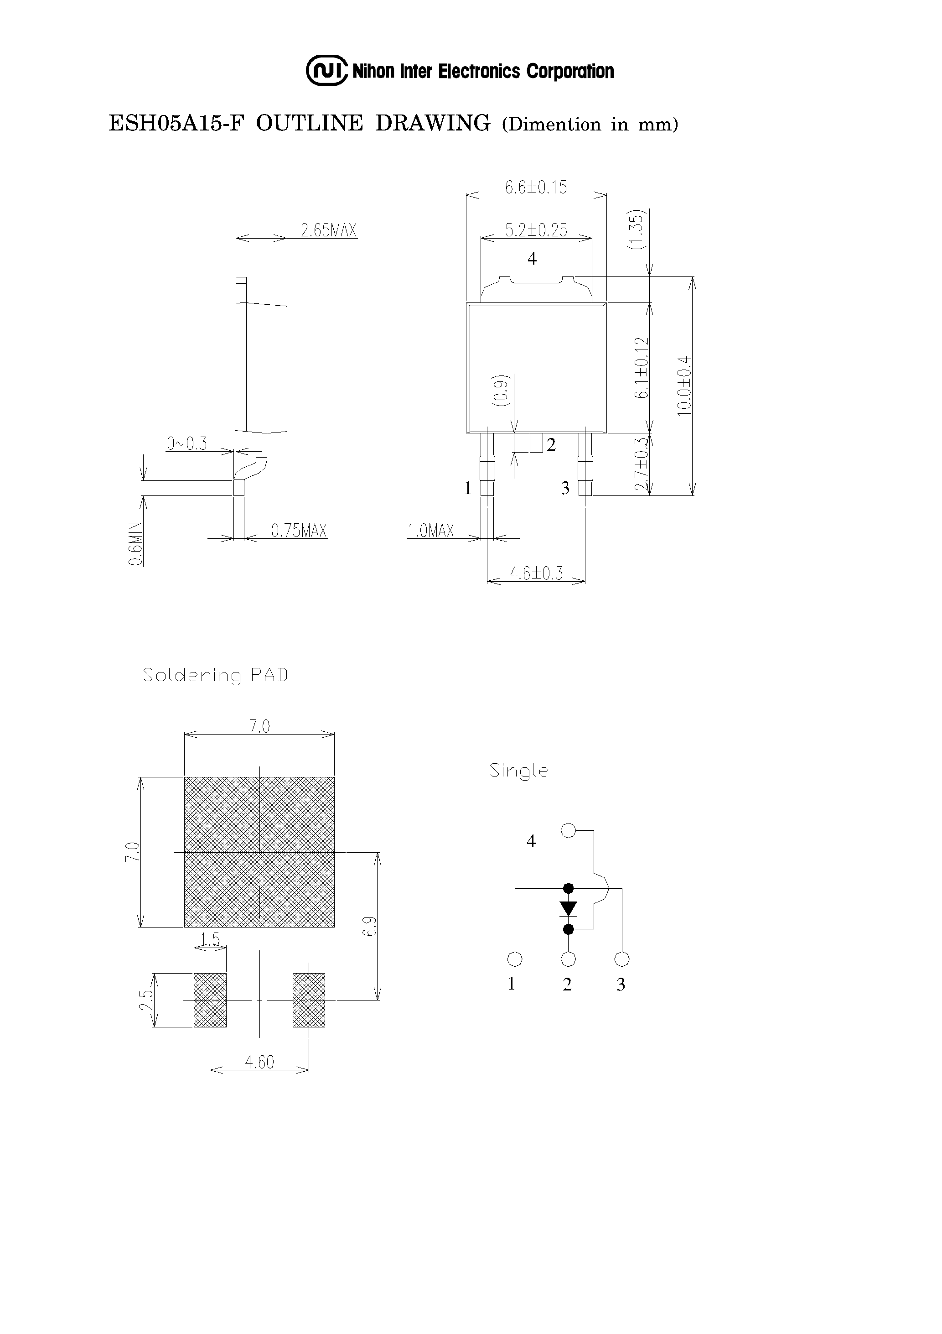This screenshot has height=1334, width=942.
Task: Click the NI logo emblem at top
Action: (327, 71)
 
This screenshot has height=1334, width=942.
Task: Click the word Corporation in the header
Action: (570, 72)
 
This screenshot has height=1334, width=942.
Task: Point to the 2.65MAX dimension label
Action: (328, 231)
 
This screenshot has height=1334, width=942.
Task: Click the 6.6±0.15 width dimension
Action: (535, 187)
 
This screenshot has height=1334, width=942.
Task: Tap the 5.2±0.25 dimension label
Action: (535, 230)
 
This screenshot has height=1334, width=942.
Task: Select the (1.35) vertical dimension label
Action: (637, 229)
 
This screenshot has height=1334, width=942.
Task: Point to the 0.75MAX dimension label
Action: (299, 531)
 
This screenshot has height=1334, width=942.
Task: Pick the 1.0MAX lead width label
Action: (430, 531)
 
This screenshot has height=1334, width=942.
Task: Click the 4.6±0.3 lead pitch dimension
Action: (536, 573)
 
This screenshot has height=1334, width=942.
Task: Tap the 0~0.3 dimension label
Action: (186, 444)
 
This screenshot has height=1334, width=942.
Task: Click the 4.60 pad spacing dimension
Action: (259, 1062)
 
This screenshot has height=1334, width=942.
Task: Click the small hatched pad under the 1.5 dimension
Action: (210, 1000)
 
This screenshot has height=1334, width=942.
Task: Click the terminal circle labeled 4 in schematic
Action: (568, 831)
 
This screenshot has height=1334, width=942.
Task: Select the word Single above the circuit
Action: (518, 771)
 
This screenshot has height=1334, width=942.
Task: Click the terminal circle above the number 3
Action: (622, 959)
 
